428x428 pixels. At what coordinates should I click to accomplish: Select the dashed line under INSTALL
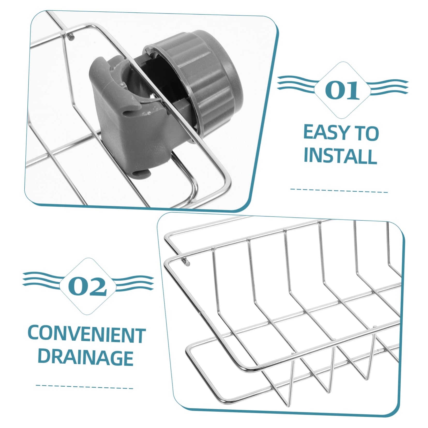click(339, 190)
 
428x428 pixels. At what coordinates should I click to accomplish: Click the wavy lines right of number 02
click(133, 281)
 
